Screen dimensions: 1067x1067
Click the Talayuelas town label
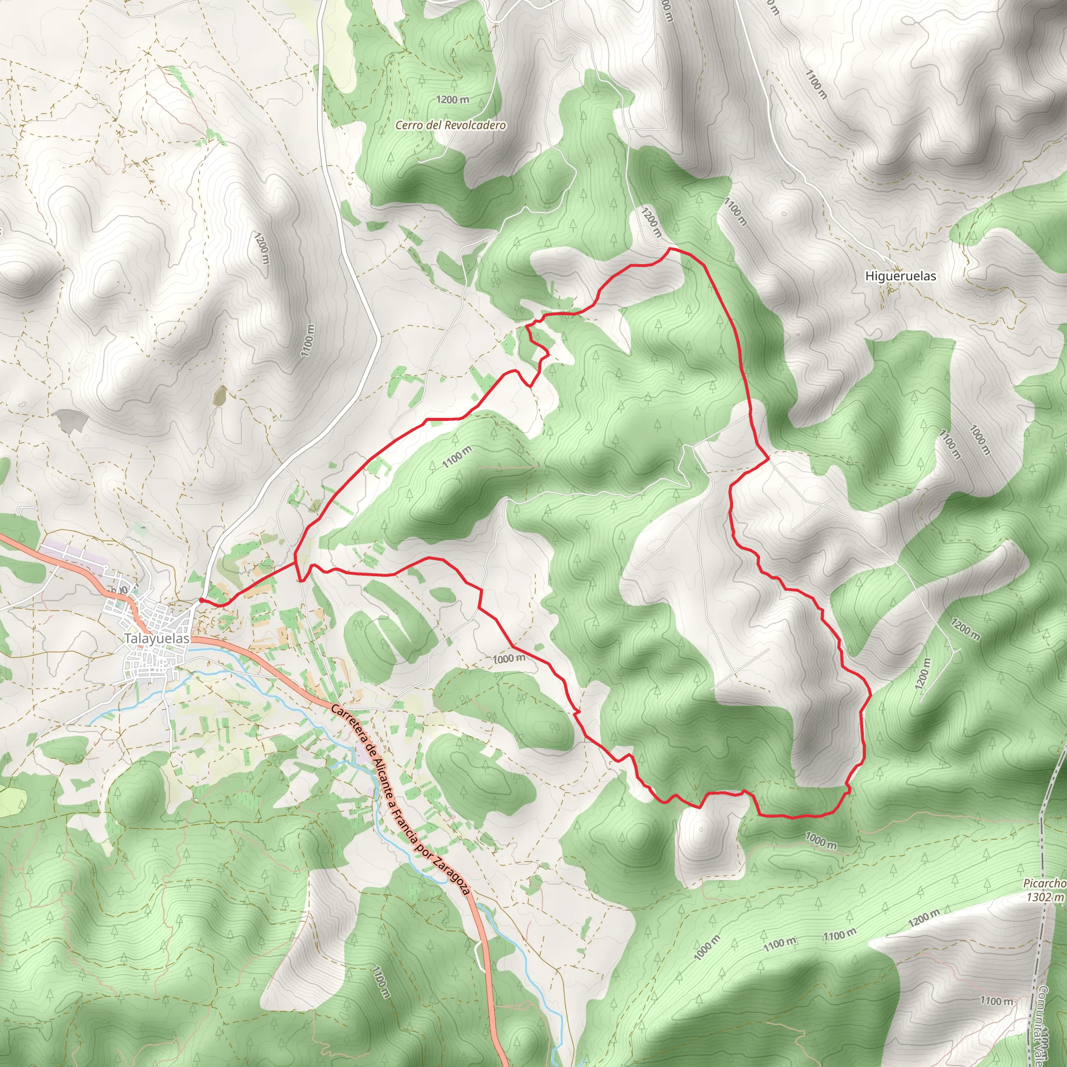click(157, 638)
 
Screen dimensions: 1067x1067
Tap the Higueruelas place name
click(900, 276)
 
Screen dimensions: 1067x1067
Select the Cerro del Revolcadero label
click(450, 126)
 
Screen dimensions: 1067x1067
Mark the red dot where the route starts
click(201, 600)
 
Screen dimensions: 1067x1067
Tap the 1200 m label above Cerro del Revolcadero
click(452, 100)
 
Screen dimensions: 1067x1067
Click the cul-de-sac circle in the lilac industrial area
click(105, 567)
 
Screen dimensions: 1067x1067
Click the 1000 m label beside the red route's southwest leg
click(508, 659)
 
